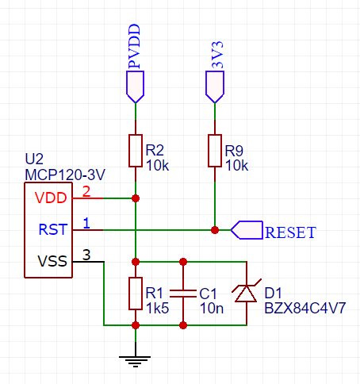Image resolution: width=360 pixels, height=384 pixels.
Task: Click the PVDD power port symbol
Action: tap(136, 86)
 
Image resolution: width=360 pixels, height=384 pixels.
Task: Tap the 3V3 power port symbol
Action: tap(215, 86)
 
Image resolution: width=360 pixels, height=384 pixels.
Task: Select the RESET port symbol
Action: tap(247, 230)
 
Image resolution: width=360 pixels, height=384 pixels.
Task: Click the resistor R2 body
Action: tap(136, 151)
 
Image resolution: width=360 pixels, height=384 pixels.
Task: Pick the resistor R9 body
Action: tap(215, 151)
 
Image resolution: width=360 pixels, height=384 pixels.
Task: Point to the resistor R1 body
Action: tap(136, 294)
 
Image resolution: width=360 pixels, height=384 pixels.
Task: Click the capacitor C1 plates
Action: tap(183, 294)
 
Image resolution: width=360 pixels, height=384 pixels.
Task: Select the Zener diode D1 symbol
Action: tap(247, 293)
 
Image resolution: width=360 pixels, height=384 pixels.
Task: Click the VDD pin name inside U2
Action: tap(51, 198)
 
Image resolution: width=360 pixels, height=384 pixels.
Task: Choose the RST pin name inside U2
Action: tap(53, 229)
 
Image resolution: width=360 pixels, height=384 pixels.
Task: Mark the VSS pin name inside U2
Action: tap(52, 261)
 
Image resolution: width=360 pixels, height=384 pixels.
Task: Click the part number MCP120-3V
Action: tap(65, 175)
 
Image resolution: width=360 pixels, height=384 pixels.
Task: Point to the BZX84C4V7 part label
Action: tap(305, 308)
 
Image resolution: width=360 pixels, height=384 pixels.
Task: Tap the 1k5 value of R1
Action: tap(158, 309)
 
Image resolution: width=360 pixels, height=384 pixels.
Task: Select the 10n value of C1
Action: tap(212, 309)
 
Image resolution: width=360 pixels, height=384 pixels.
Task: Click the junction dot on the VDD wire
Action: tap(136, 198)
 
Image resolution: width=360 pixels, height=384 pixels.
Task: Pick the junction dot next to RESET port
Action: tap(215, 230)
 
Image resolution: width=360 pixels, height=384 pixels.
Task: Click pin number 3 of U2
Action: tap(86, 255)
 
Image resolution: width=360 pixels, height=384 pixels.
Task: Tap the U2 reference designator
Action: tap(34, 159)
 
